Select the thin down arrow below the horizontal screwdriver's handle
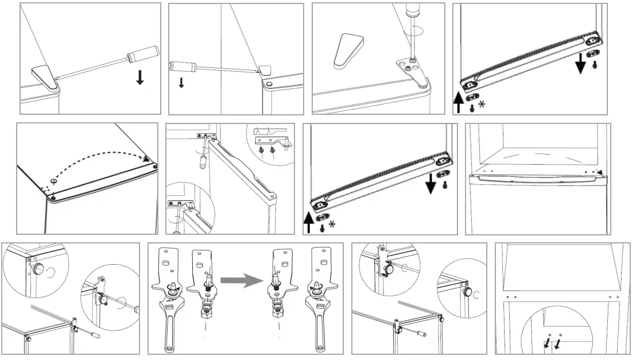tap(181, 82)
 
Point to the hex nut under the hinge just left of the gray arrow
tap(204, 314)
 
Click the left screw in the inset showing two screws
tap(262, 150)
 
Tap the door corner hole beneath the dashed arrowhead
tap(156, 167)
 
